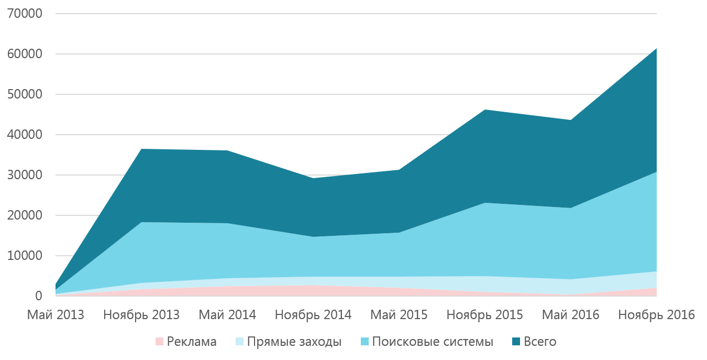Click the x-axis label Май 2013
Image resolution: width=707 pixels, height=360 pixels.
point(56,315)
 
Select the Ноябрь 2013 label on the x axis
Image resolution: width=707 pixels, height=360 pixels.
point(141,315)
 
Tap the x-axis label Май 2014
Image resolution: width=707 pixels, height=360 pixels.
point(227,315)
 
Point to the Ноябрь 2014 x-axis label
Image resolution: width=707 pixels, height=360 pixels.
point(313,315)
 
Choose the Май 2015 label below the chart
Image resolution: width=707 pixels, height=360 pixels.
point(399,315)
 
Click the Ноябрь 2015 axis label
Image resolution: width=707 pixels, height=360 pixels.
point(484,315)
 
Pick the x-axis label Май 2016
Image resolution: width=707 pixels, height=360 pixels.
point(570,315)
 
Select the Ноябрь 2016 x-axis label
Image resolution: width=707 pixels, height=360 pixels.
point(656,315)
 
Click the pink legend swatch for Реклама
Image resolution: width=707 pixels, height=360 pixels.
point(160,342)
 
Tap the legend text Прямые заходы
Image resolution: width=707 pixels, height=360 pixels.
point(294,342)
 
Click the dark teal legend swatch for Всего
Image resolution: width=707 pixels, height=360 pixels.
point(516,342)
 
